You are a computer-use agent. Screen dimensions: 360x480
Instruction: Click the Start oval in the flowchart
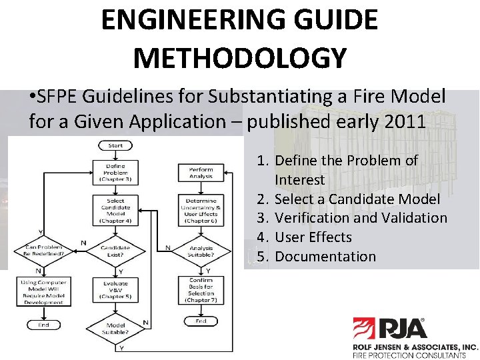115,145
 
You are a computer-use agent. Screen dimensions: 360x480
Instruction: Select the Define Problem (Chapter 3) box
115,173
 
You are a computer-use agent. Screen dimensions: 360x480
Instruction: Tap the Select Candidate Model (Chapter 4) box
115,209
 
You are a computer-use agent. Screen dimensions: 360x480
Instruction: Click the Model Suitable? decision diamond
115,327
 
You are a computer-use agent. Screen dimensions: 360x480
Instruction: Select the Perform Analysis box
201,173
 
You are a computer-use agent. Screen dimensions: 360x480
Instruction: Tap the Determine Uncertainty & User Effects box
201,209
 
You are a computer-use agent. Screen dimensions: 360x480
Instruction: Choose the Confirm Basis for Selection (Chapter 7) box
201,289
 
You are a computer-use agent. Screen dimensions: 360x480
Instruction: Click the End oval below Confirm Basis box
201,321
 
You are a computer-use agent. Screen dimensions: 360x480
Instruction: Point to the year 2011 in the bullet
407,121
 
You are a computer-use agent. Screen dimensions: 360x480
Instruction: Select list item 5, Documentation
325,257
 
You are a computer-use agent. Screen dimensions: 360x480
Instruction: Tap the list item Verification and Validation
361,218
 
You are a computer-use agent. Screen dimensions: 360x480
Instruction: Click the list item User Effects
313,237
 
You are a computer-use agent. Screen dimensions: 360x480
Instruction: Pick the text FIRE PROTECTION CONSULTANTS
415,355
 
